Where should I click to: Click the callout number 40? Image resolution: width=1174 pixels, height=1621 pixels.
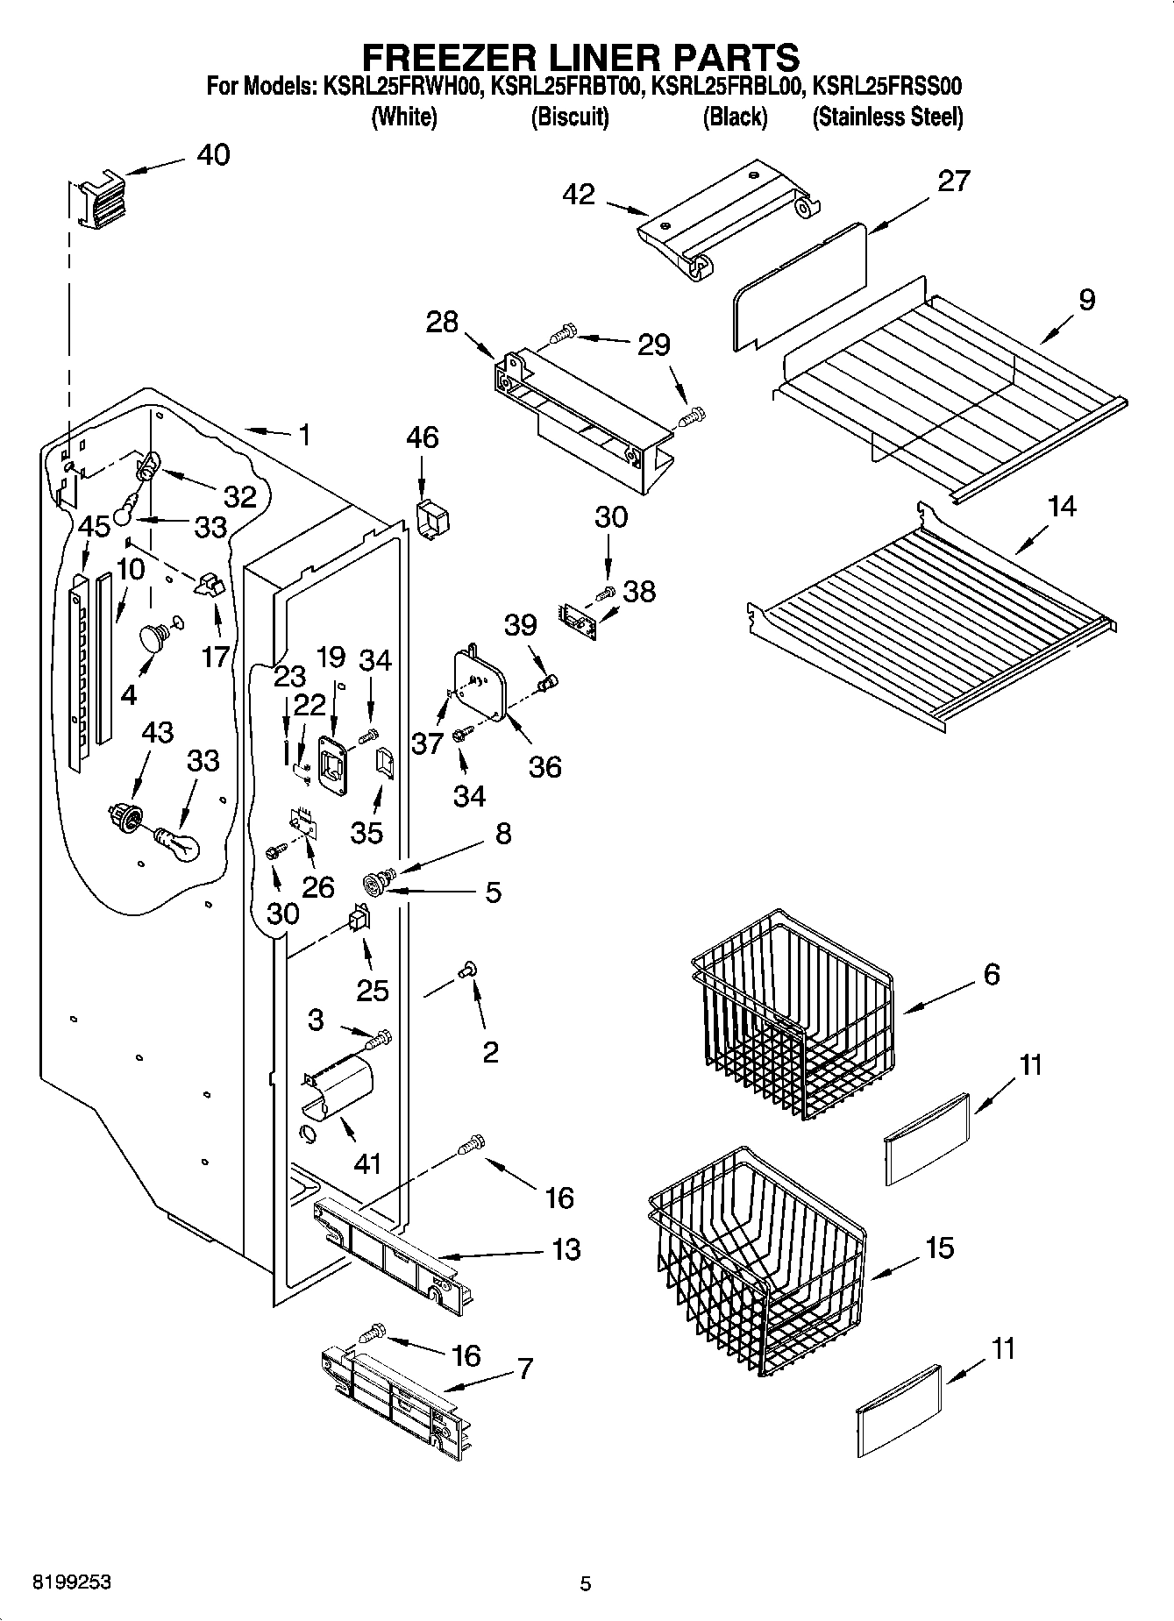(213, 155)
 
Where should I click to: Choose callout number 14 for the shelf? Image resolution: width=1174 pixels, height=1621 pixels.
(1062, 507)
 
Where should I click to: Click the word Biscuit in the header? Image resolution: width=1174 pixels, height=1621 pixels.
(570, 117)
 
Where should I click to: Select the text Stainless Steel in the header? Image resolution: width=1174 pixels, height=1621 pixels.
(887, 117)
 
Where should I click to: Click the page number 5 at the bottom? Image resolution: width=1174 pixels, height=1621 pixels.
(585, 1583)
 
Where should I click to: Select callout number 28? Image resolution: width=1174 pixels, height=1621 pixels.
(442, 322)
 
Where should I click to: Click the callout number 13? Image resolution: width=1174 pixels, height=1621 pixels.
(566, 1249)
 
